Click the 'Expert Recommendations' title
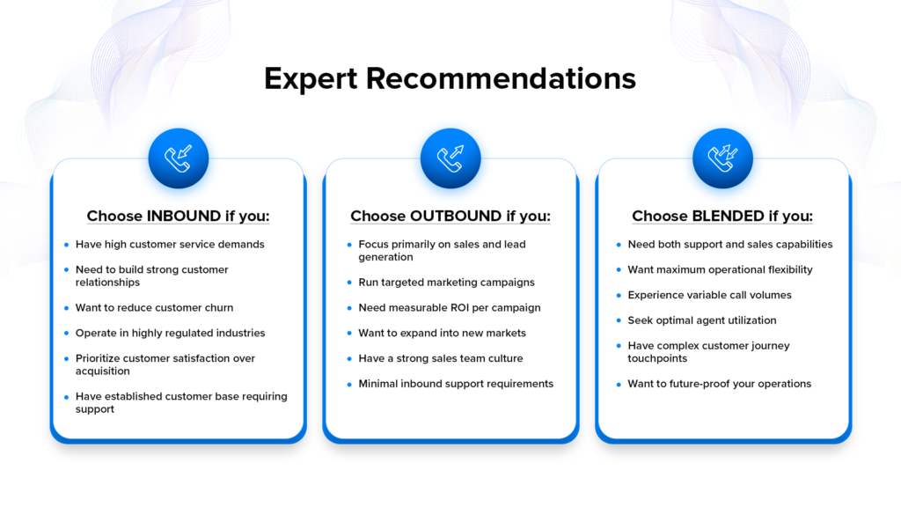[450, 78]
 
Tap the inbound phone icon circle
[179, 158]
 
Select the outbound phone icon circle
[450, 158]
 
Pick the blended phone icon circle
[722, 158]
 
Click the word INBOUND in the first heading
[183, 217]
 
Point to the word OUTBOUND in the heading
[456, 217]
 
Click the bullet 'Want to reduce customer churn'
[154, 308]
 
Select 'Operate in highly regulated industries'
[170, 334]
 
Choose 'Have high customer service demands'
[170, 245]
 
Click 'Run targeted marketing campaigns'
[446, 283]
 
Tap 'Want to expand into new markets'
[442, 334]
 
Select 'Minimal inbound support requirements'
[456, 384]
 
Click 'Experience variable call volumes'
[709, 295]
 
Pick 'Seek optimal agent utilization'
[702, 320]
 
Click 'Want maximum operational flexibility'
[720, 270]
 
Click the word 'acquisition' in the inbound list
[102, 371]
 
